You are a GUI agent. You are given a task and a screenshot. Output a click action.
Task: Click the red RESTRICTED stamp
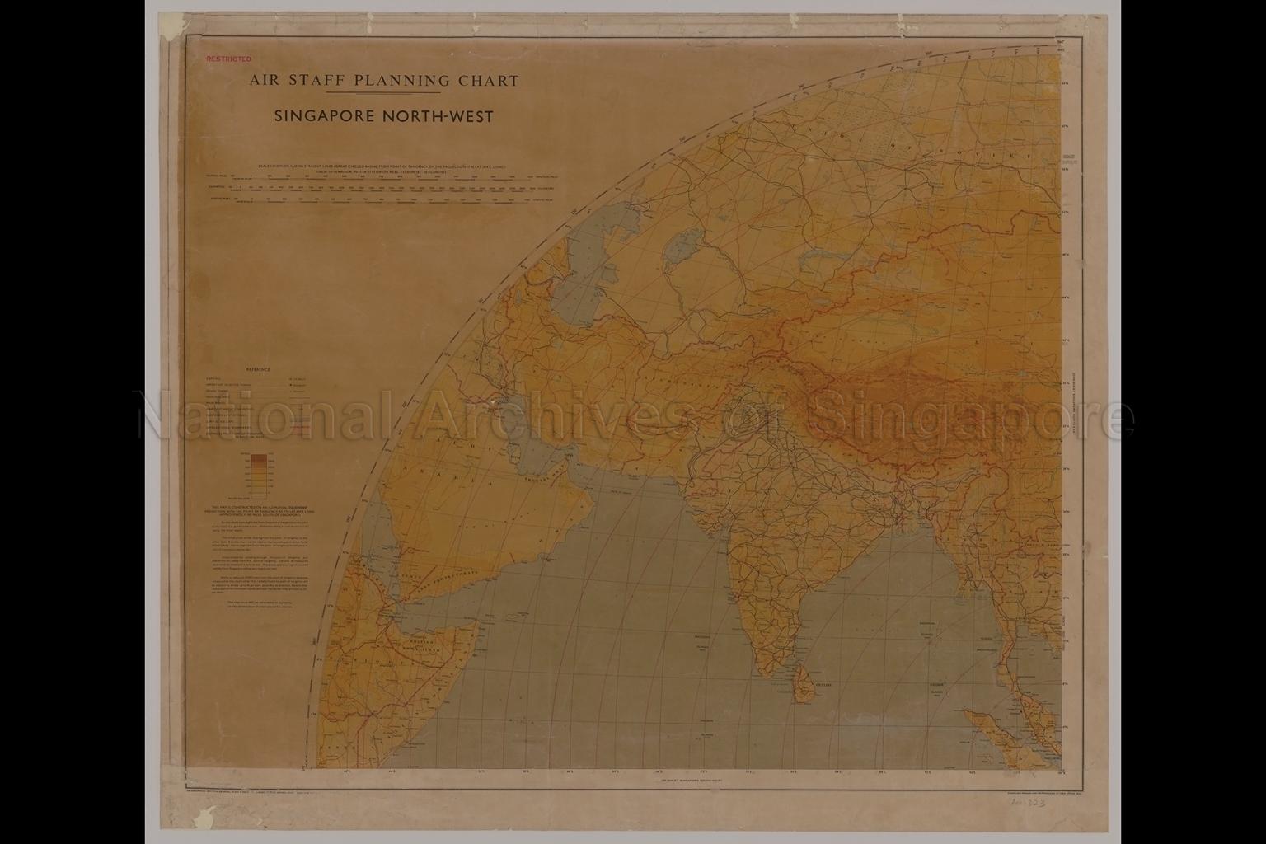click(x=228, y=59)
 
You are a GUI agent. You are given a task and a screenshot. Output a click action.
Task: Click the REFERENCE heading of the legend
click(x=257, y=370)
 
